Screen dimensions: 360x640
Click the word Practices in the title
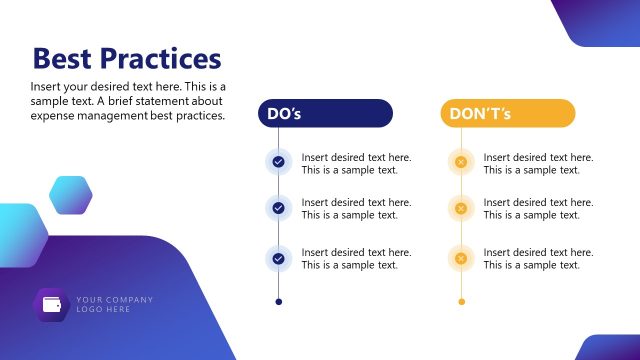tap(162, 58)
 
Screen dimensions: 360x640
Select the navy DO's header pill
tap(325, 114)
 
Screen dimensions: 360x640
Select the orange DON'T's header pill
tap(507, 114)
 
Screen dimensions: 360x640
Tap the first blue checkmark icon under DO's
tap(278, 162)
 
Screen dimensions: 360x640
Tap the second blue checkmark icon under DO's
tap(278, 208)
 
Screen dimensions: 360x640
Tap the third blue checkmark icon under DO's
tap(278, 258)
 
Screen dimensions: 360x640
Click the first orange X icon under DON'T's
tap(460, 162)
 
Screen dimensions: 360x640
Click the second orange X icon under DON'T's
tap(460, 208)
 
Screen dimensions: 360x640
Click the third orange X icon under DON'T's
tap(460, 258)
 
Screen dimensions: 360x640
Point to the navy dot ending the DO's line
tap(278, 301)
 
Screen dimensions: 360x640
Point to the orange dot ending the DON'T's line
tap(460, 301)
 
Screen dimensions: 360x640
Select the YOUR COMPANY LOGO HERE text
tap(114, 304)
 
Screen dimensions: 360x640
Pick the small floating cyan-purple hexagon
tap(70, 195)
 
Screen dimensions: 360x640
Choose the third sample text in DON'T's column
tap(538, 258)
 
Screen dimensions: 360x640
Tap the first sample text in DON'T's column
tap(538, 163)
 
